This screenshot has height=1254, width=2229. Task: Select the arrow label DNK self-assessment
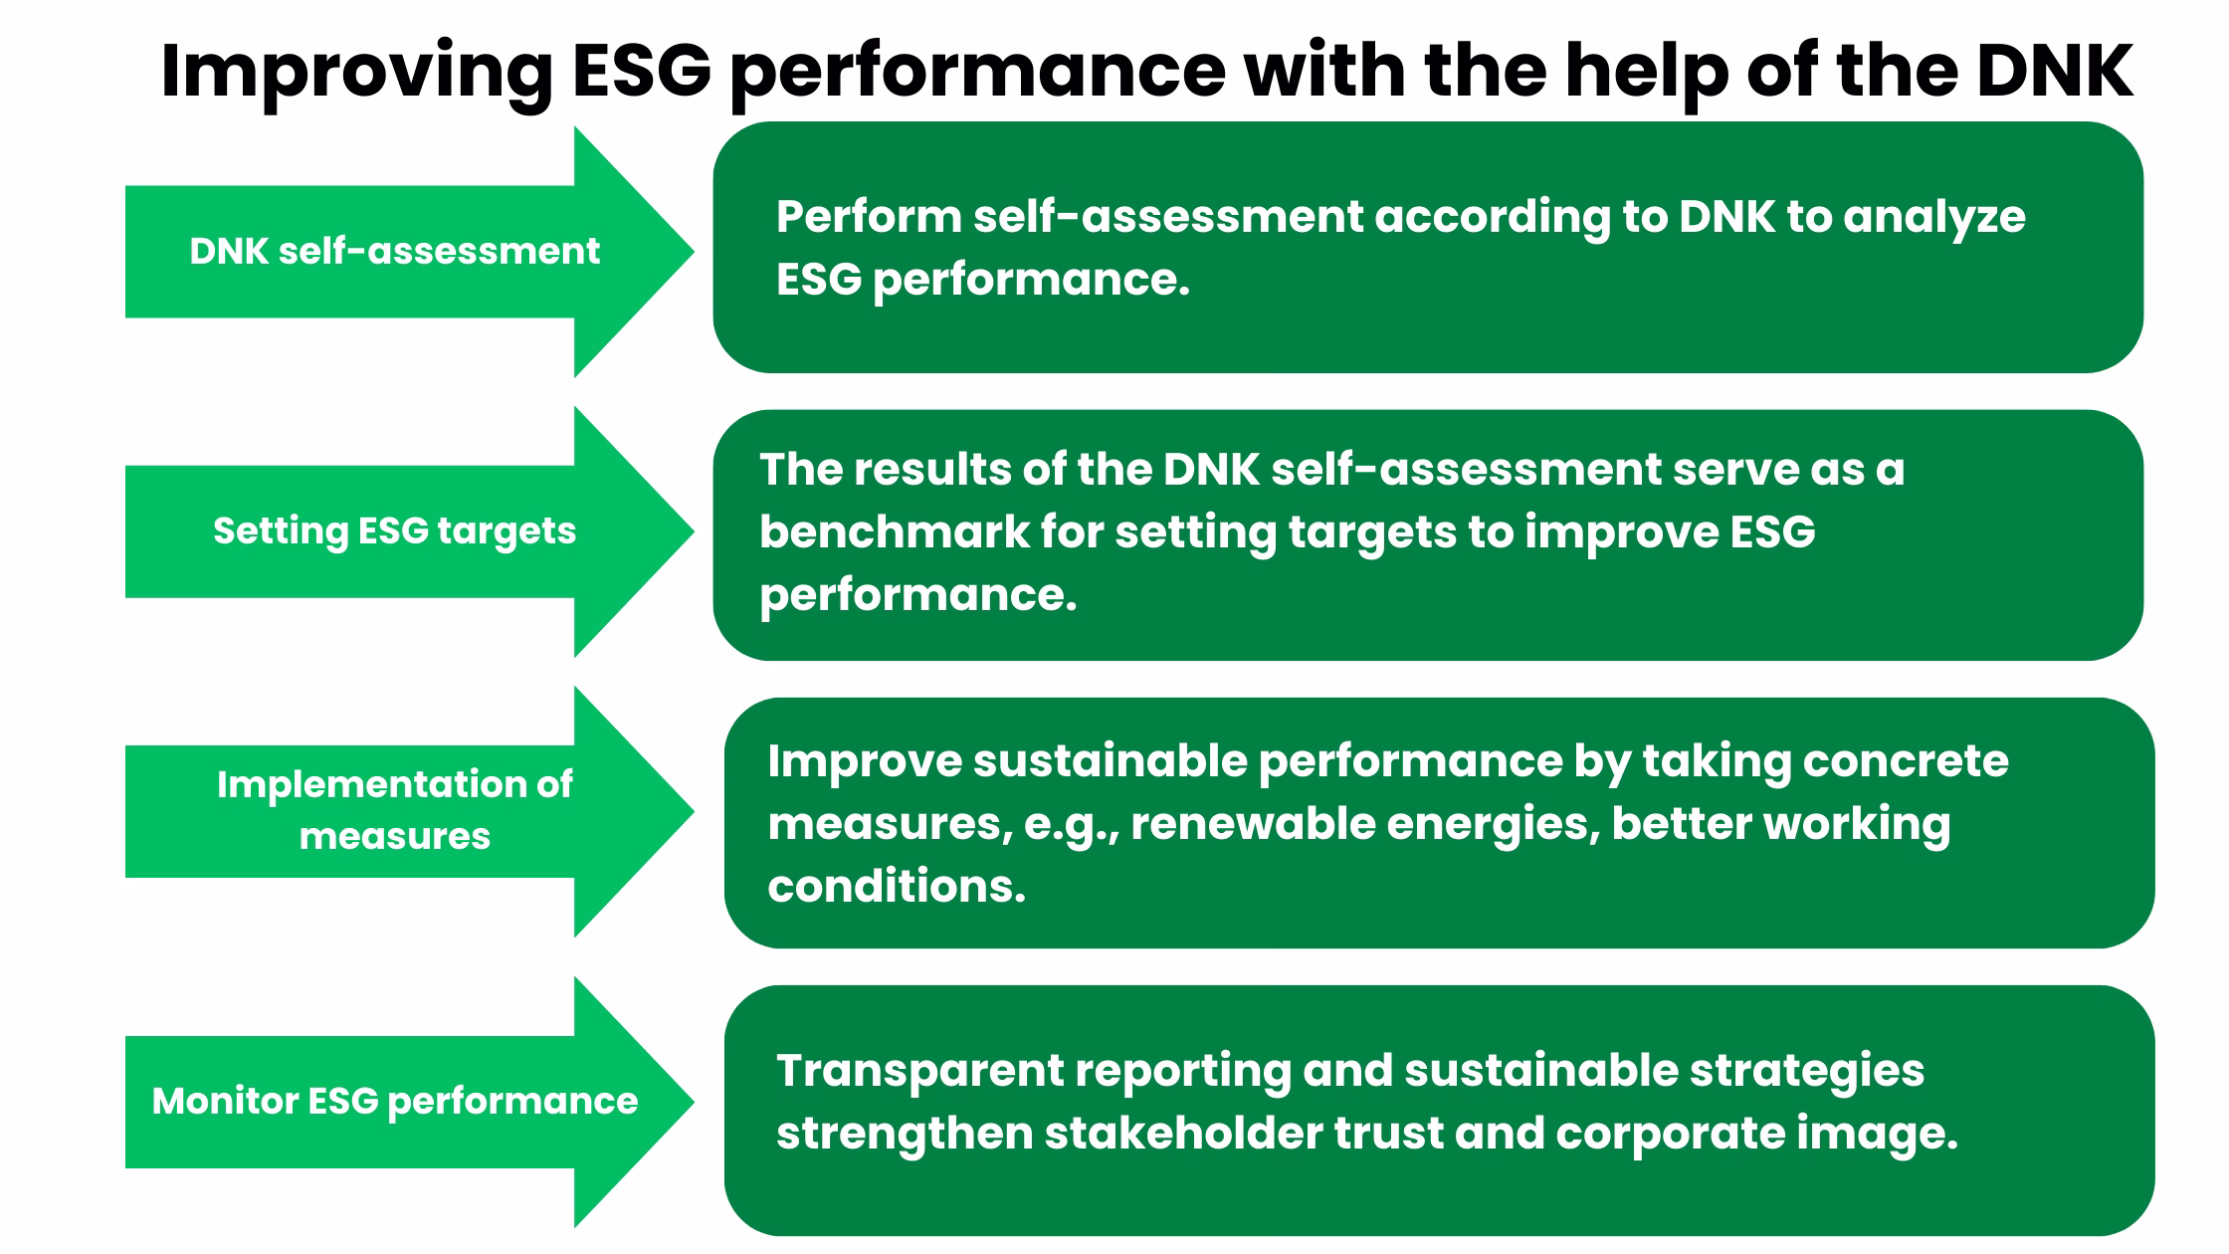pos(394,251)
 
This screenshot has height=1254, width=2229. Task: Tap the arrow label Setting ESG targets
pos(394,530)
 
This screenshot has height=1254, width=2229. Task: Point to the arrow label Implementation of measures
pos(394,809)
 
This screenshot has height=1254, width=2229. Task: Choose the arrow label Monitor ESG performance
pos(394,1101)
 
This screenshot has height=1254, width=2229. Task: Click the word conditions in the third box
pos(896,886)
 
